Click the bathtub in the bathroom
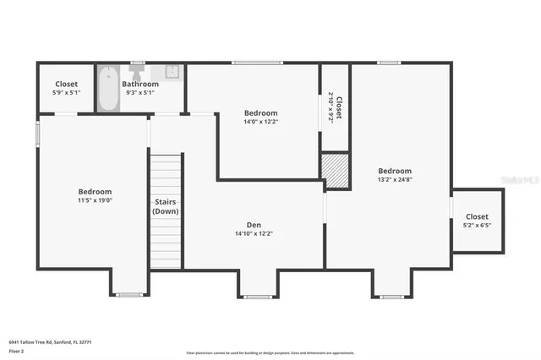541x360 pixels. pyautogui.click(x=107, y=89)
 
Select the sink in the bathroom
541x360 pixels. pyautogui.click(x=171, y=73)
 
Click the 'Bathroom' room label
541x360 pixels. pyautogui.click(x=140, y=84)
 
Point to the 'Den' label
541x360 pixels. pyautogui.click(x=254, y=225)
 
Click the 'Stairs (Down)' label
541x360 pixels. pyautogui.click(x=166, y=206)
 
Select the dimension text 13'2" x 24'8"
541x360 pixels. pyautogui.click(x=395, y=179)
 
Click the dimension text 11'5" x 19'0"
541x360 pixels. pyautogui.click(x=95, y=200)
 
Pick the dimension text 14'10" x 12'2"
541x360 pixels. pyautogui.click(x=254, y=233)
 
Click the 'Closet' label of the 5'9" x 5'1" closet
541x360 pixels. pyautogui.click(x=67, y=84)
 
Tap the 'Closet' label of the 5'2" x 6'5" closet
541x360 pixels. pyautogui.click(x=477, y=217)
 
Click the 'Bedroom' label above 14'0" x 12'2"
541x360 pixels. pyautogui.click(x=261, y=113)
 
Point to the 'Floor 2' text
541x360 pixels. pyautogui.click(x=17, y=349)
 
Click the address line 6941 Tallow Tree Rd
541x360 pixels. pyautogui.click(x=50, y=341)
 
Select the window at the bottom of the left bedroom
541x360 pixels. pyautogui.click(x=129, y=295)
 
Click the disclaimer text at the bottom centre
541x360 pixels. pyautogui.click(x=270, y=352)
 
